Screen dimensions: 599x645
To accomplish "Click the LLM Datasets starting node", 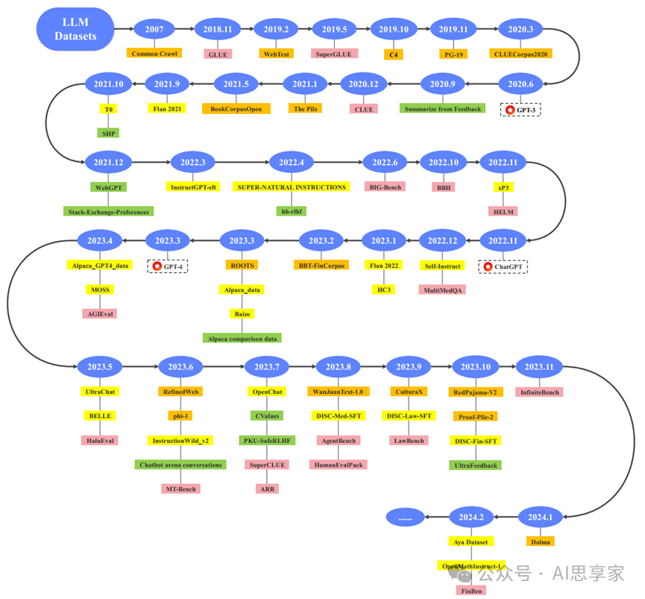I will click(x=75, y=30).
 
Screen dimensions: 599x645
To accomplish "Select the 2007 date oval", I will click(x=154, y=30).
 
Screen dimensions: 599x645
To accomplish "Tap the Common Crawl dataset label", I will click(x=154, y=54).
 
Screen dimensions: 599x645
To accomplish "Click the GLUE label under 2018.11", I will click(x=218, y=54).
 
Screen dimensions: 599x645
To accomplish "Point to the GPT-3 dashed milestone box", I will click(x=521, y=109).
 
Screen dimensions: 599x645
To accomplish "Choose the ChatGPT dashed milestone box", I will click(x=503, y=266).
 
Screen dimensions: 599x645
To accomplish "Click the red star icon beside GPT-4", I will click(x=157, y=266).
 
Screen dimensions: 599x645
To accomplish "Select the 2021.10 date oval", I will click(x=109, y=84).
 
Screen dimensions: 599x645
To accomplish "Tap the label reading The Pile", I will click(x=306, y=108).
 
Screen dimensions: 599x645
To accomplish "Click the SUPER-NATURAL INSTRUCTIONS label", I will click(x=292, y=187).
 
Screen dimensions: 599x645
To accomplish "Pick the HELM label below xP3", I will click(x=503, y=211).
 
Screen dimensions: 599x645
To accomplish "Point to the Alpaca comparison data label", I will click(x=242, y=338).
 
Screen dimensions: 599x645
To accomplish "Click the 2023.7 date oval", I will click(x=266, y=367).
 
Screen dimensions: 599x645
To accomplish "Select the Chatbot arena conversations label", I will click(x=181, y=465).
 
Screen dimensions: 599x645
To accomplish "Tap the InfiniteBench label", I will click(x=539, y=392).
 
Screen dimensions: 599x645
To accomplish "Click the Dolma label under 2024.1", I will click(x=540, y=542).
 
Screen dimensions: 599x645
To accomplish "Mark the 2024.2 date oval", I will click(x=471, y=517).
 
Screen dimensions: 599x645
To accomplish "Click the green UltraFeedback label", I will click(x=476, y=465).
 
